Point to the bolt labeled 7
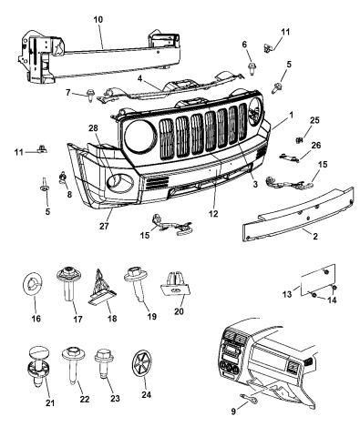pos(93,93)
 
